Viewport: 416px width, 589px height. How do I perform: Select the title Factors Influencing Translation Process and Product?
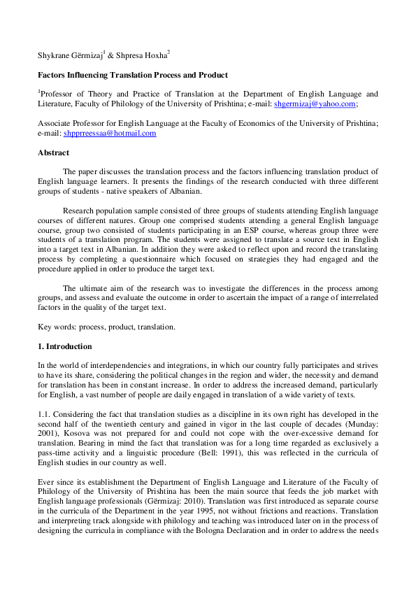click(132, 75)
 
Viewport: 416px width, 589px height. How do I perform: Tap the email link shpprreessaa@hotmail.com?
click(120, 133)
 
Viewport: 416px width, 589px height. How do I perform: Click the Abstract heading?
click(53, 152)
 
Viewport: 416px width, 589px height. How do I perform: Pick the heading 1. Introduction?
click(64, 346)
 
